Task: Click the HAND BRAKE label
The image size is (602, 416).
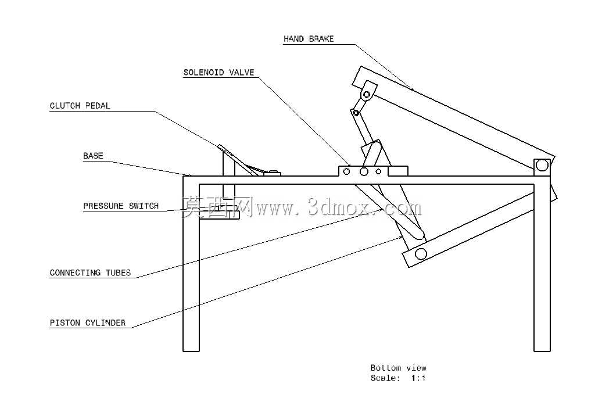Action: click(x=309, y=39)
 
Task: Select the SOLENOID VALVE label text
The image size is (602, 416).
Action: click(x=219, y=73)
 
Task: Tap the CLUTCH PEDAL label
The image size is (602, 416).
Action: click(x=80, y=106)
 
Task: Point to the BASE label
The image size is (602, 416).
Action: click(x=94, y=156)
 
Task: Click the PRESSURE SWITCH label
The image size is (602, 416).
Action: click(x=121, y=206)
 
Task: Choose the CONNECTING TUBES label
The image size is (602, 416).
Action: click(x=90, y=273)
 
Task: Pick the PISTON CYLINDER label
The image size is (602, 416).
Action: click(x=88, y=322)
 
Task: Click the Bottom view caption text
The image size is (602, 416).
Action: click(x=399, y=368)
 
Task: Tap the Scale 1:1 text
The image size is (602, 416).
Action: click(x=398, y=378)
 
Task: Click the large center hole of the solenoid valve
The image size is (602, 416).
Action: click(x=364, y=171)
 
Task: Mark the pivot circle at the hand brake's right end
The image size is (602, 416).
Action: click(x=542, y=166)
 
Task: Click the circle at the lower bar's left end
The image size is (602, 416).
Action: click(x=421, y=254)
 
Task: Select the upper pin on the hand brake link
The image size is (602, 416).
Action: click(x=367, y=94)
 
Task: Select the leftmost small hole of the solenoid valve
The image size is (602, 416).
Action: click(x=346, y=171)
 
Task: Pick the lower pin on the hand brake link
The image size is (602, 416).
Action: click(x=356, y=113)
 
